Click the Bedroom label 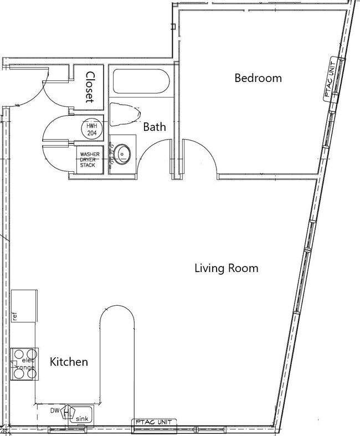(258, 78)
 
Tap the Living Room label (227, 269)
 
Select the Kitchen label (69, 362)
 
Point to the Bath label (155, 127)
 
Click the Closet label (90, 87)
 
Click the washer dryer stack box (90, 158)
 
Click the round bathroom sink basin (122, 153)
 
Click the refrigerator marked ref (24, 306)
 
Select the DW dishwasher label (55, 411)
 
